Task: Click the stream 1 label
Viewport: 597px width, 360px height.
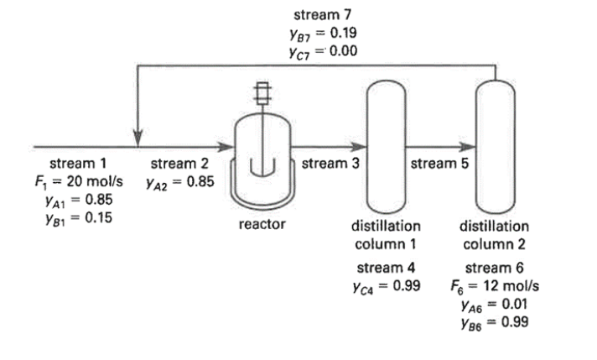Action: (x=77, y=163)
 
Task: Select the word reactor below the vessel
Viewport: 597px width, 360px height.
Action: (x=262, y=224)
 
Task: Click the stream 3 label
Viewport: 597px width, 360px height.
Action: (x=330, y=163)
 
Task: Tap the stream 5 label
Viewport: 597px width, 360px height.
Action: (x=439, y=163)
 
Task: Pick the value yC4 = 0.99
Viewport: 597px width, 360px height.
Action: (x=385, y=286)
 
